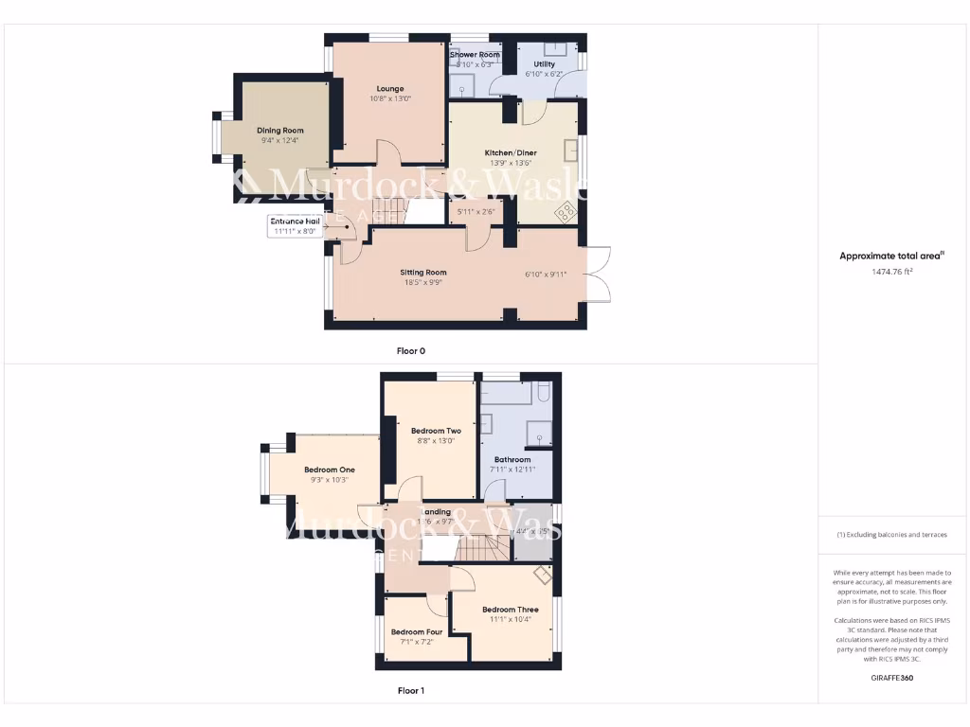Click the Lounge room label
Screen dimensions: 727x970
click(389, 89)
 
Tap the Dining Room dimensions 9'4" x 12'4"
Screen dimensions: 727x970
click(279, 141)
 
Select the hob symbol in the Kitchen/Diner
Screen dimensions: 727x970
click(566, 211)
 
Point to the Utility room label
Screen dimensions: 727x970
click(544, 64)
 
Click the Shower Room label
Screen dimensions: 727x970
click(475, 55)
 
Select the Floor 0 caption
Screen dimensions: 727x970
click(410, 351)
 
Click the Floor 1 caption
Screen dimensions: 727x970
click(410, 691)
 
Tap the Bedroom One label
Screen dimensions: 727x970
click(329, 470)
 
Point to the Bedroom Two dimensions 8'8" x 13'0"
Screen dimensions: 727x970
click(436, 440)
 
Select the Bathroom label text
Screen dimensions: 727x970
click(512, 460)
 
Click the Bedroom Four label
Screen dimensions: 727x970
click(417, 632)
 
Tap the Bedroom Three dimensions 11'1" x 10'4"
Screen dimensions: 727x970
click(511, 619)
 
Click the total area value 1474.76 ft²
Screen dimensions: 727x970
click(891, 272)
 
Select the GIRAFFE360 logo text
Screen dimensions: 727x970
click(890, 678)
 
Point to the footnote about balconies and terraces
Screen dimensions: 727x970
click(891, 535)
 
